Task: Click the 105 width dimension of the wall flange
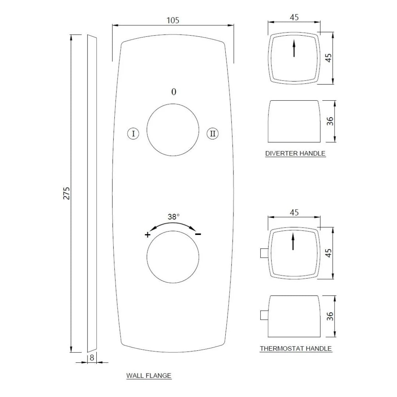coord(173,20)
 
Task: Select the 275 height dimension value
coord(67,193)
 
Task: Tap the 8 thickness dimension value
coord(92,357)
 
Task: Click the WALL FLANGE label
coord(149,376)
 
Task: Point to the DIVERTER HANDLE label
coord(295,153)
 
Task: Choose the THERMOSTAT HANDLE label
coord(296,348)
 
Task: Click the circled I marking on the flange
coord(133,133)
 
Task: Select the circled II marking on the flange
coord(212,133)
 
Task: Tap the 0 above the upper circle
coord(174,92)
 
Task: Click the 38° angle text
coord(174,217)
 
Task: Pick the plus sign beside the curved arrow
coord(147,235)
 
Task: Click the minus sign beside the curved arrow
coord(198,234)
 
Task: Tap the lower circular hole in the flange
coord(173,257)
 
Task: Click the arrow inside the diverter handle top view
coord(294,49)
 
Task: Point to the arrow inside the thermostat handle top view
coord(293,242)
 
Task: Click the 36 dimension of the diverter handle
coord(330,121)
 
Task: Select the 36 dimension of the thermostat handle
coord(330,316)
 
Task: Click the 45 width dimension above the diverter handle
coord(294,17)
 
